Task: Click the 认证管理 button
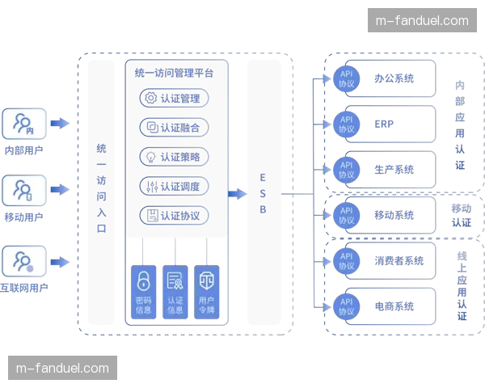175,99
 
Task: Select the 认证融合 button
175,128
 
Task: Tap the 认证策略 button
175,157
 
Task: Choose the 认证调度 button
175,187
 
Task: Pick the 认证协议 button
175,216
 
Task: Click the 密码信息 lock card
143,289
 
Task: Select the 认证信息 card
175,289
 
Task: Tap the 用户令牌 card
207,289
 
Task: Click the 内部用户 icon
23,124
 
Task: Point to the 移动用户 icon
23,191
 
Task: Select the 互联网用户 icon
23,260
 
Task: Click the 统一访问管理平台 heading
175,73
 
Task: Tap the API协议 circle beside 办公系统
346,78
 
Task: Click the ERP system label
385,124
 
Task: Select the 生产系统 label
394,170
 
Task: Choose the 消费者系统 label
399,260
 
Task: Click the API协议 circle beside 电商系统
346,306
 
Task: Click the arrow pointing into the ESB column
237,194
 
